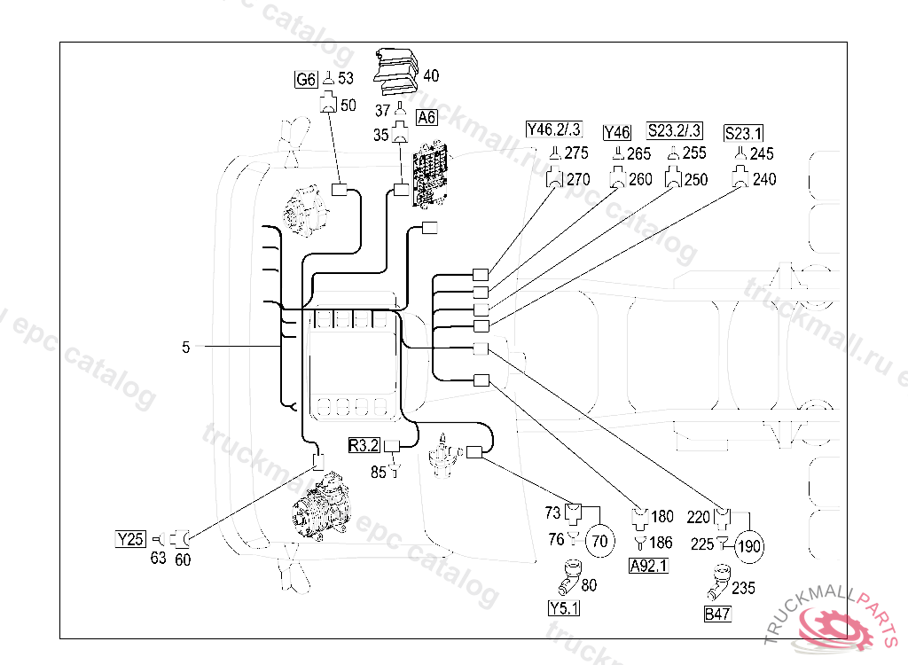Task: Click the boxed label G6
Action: point(305,80)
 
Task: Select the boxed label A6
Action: point(427,117)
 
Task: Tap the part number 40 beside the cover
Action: point(432,75)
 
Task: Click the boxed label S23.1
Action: point(743,134)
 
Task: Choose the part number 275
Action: point(577,153)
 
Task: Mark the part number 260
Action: point(640,179)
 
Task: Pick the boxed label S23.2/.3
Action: point(675,130)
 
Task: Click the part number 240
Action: point(764,179)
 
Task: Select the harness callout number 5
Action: point(186,348)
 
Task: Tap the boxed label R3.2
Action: point(364,446)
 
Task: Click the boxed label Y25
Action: point(130,538)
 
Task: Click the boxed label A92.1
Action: point(648,566)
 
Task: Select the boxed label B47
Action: point(717,614)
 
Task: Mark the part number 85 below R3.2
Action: point(379,473)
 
